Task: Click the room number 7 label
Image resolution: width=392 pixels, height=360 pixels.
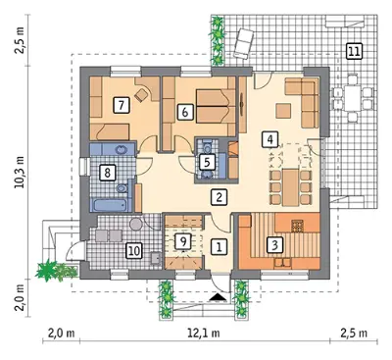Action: (x=122, y=105)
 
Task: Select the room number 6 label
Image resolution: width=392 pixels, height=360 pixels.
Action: (x=185, y=112)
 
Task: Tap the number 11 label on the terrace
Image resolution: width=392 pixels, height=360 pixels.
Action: (x=354, y=52)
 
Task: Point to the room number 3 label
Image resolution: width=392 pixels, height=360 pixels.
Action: (x=274, y=244)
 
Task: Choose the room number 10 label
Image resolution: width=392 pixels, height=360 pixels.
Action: (x=134, y=251)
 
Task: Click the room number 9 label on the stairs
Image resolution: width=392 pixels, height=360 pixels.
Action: (x=183, y=241)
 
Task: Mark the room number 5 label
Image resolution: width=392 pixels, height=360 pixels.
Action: (x=207, y=162)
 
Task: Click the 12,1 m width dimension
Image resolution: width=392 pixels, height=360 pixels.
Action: (x=204, y=334)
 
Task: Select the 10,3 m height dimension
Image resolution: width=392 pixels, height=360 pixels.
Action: (x=21, y=173)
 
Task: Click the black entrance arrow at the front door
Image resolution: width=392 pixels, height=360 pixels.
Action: (x=218, y=296)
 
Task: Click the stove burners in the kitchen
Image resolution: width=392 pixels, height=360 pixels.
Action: (x=298, y=226)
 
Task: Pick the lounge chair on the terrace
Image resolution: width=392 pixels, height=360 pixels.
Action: (x=244, y=43)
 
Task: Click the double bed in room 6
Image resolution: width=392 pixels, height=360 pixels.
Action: (x=216, y=106)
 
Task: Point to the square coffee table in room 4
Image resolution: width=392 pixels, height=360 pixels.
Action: (x=283, y=111)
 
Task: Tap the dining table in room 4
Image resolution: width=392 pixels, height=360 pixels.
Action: (x=291, y=186)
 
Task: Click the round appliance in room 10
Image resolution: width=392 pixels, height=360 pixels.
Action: (x=135, y=225)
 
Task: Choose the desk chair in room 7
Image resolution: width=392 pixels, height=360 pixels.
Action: (x=141, y=95)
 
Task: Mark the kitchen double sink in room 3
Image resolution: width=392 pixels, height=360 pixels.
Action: (x=283, y=263)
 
